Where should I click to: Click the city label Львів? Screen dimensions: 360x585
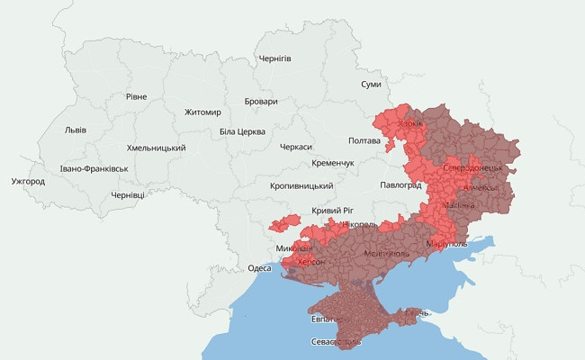pyautogui.click(x=76, y=130)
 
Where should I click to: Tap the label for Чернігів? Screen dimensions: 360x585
pyautogui.click(x=274, y=58)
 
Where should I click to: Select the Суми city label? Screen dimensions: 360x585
pyautogui.click(x=371, y=84)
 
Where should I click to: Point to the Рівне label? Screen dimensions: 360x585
pyautogui.click(x=137, y=96)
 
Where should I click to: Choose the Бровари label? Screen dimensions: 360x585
pyautogui.click(x=261, y=102)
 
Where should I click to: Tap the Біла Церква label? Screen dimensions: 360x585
pyautogui.click(x=242, y=131)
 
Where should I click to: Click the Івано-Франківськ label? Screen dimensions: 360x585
pyautogui.click(x=94, y=168)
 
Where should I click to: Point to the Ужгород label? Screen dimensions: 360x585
pyautogui.click(x=28, y=181)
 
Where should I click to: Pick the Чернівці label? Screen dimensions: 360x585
pyautogui.click(x=127, y=194)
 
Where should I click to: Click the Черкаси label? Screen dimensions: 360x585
pyautogui.click(x=296, y=147)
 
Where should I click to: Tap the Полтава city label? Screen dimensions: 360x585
pyautogui.click(x=364, y=141)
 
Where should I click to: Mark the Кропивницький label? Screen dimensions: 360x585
pyautogui.click(x=301, y=186)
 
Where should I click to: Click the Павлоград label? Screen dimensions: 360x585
pyautogui.click(x=401, y=184)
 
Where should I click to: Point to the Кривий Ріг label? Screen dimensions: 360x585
pyautogui.click(x=331, y=210)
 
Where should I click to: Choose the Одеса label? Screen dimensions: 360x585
pyautogui.click(x=259, y=268)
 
